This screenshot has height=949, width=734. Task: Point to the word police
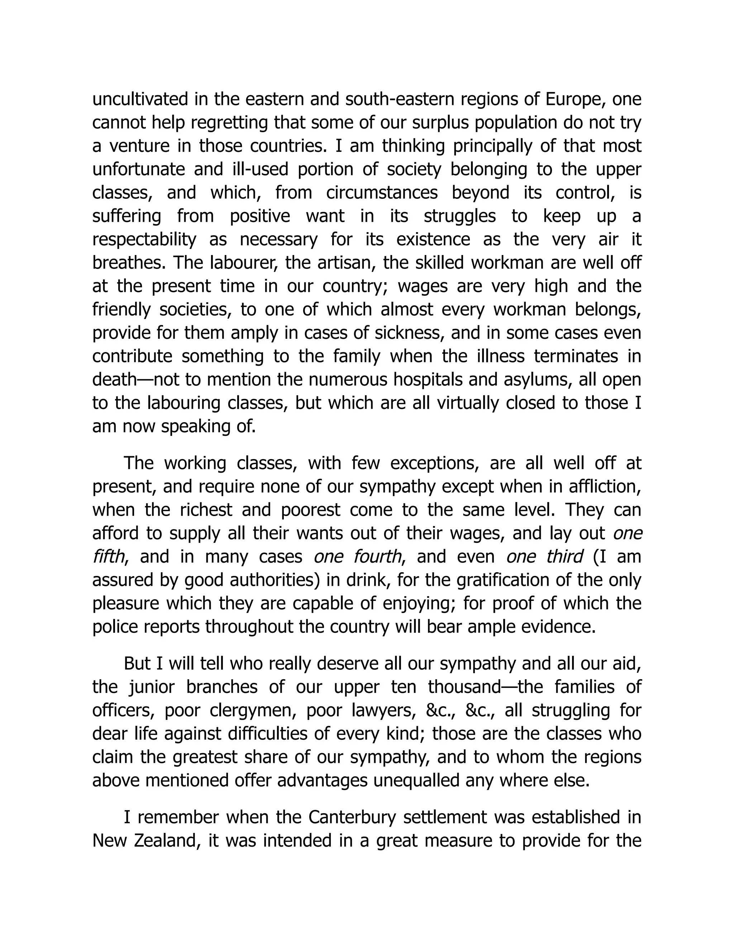pyautogui.click(x=112, y=627)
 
